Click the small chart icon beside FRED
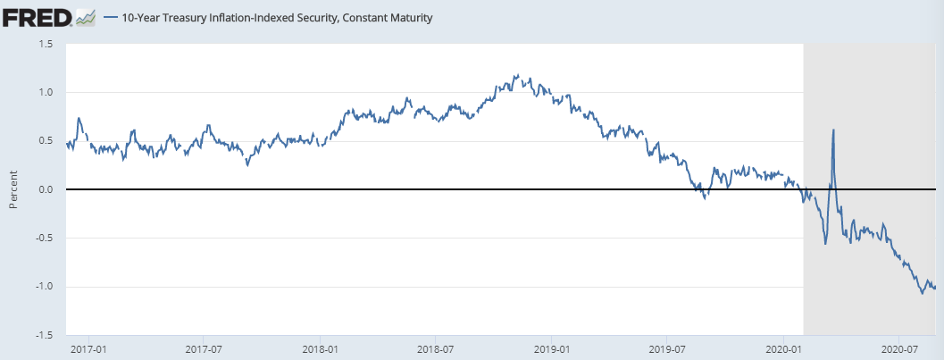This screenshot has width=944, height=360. pos(86,17)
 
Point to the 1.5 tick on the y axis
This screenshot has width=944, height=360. pos(46,44)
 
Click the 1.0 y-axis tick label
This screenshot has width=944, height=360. pos(46,92)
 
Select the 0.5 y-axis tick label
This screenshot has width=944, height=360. pos(46,141)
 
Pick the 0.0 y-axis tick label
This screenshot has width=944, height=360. pos(46,189)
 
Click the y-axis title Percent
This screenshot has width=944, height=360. pos(13,189)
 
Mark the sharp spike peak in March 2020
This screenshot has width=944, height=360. pos(833,130)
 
